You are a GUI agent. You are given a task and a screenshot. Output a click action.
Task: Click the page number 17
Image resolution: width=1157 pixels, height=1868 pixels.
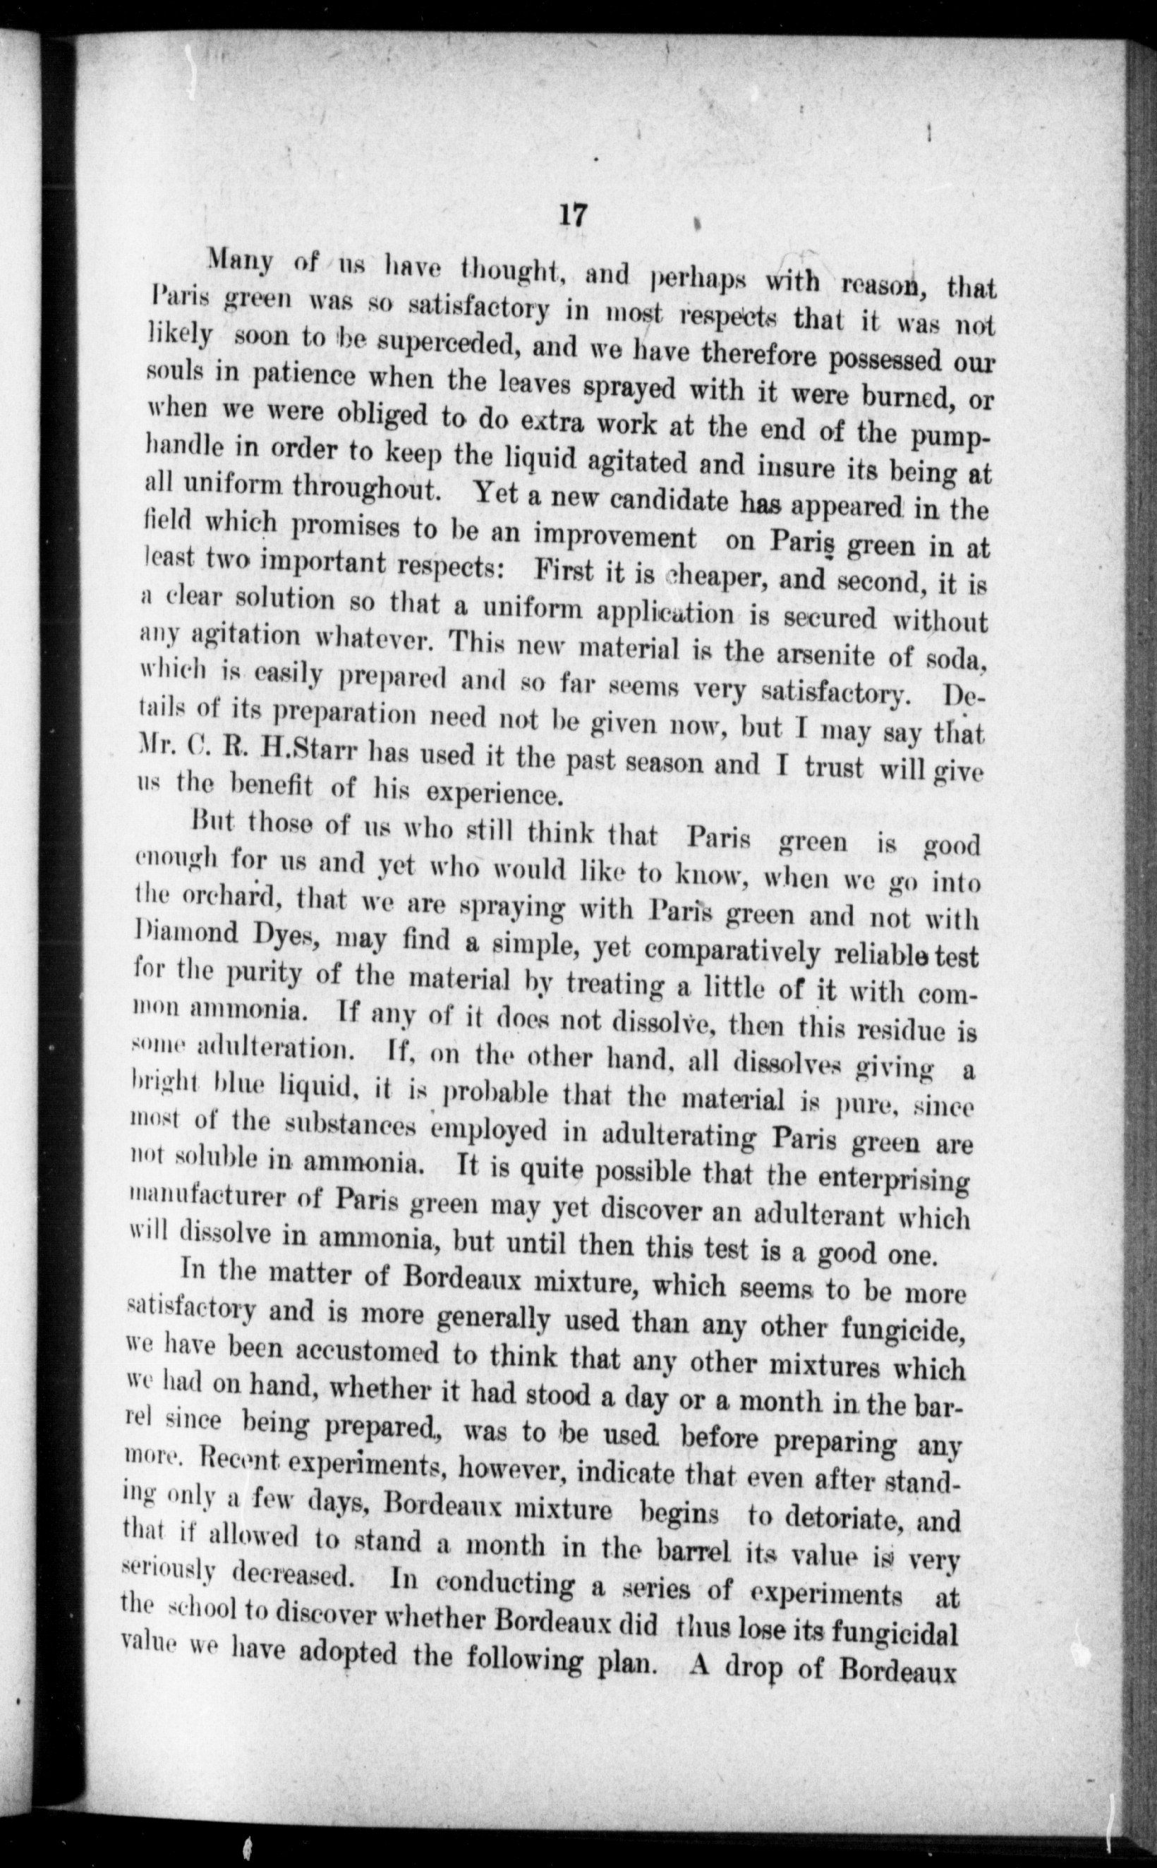coord(572,215)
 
